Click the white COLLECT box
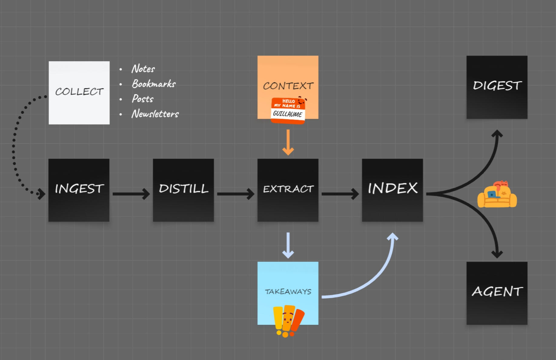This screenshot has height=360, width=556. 79,92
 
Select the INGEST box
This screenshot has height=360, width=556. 79,190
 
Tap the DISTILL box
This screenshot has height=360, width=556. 183,190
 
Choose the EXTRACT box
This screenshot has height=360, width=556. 288,190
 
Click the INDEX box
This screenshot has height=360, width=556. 392,190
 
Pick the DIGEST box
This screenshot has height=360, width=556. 497,87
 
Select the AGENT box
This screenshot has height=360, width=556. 497,293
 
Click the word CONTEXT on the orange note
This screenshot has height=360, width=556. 288,86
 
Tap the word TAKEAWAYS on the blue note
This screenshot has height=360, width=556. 288,292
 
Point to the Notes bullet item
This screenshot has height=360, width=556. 143,69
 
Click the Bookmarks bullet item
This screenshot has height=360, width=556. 154,84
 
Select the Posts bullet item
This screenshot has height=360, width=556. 142,99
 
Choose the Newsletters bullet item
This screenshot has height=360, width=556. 155,114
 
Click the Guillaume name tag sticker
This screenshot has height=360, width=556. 288,111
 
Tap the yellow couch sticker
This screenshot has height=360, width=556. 497,195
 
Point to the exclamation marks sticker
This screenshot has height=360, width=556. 287,321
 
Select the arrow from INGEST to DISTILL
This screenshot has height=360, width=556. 131,194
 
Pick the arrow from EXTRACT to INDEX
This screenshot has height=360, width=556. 340,194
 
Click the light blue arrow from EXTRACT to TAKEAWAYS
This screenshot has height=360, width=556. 288,245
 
